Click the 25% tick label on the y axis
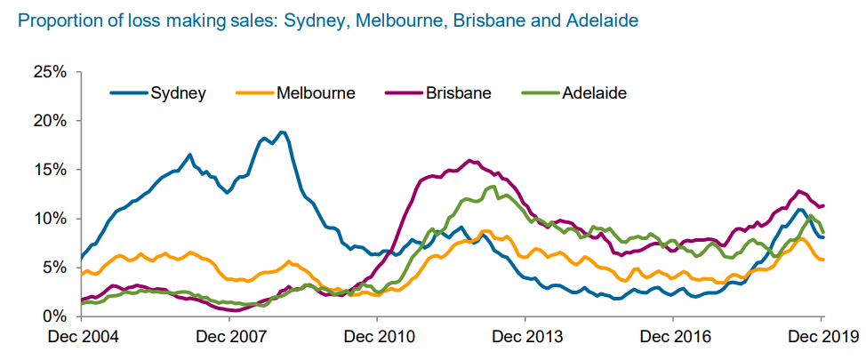tap(51, 72)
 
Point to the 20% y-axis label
tap(51, 121)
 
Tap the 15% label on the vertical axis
tap(51, 170)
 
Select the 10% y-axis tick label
tap(51, 219)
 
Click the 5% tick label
tap(54, 268)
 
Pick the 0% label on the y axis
tap(54, 317)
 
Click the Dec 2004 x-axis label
tap(81, 337)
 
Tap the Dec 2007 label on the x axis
tap(229, 337)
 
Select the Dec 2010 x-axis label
tap(377, 337)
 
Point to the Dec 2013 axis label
tap(525, 337)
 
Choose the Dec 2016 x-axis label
tap(673, 337)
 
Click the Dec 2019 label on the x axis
tap(822, 337)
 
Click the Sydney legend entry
tap(158, 92)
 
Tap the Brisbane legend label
tap(438, 92)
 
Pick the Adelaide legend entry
tap(573, 92)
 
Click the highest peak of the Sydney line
tap(282, 132)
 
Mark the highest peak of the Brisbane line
tap(469, 161)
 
